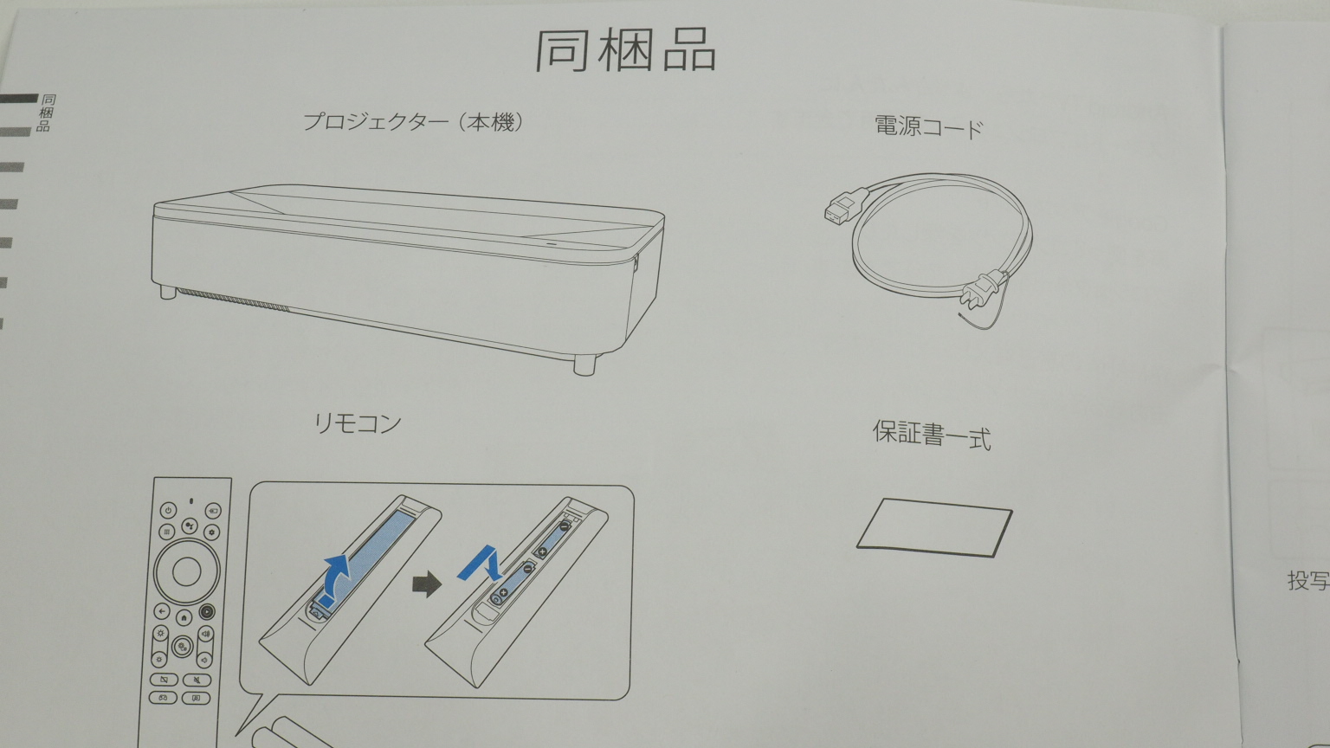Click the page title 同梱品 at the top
pos(626,50)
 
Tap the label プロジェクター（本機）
pos(413,122)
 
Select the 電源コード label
pos(929,127)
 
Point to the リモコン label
pos(358,423)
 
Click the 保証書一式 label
pos(932,435)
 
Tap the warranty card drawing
pos(934,527)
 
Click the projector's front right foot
pos(584,364)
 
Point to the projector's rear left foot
pos(168,292)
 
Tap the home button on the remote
pos(184,617)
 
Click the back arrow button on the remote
pos(162,611)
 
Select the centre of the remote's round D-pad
pos(186,571)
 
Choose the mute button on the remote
pos(197,680)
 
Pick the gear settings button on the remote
pos(212,532)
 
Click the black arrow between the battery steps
pos(427,584)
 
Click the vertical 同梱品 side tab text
pos(46,113)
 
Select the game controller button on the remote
pos(164,698)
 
